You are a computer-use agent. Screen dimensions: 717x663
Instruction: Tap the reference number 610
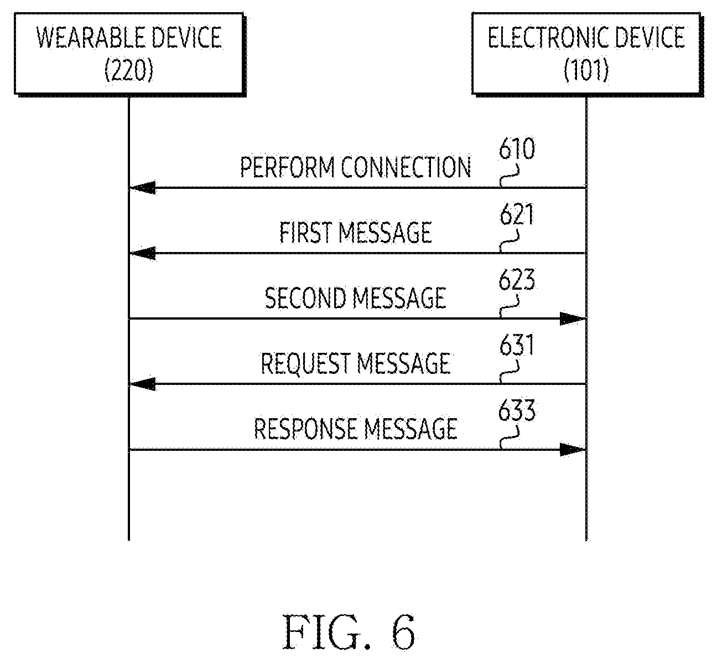pos(517,148)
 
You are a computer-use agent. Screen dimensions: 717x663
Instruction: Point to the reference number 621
pos(517,214)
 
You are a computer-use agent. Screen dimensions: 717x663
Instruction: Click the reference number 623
pos(517,280)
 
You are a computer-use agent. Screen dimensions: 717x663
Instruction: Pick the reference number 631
pos(517,345)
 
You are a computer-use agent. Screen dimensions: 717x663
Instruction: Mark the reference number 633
pos(517,410)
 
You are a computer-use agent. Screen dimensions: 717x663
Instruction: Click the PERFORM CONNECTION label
pos(356,167)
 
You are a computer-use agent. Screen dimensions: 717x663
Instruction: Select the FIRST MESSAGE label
pos(356,233)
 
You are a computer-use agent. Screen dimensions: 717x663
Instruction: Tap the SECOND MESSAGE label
pos(356,298)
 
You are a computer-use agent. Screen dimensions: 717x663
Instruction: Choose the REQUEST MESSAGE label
pos(356,363)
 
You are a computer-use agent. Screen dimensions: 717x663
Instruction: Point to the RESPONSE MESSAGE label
pos(356,429)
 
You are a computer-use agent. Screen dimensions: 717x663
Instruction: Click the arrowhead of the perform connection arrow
pos(130,188)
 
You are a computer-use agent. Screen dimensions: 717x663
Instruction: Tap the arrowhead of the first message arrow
pos(130,253)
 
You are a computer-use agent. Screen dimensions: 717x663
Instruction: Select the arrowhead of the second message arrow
pos(585,318)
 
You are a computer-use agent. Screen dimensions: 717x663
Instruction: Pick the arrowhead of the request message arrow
pos(130,384)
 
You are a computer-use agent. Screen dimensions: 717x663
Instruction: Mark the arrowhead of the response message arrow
pos(585,449)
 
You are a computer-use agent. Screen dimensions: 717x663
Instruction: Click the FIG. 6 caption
pos(349,631)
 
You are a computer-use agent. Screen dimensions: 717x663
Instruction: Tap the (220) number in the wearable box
pos(129,70)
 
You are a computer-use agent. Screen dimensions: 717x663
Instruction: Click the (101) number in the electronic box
pos(586,70)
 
